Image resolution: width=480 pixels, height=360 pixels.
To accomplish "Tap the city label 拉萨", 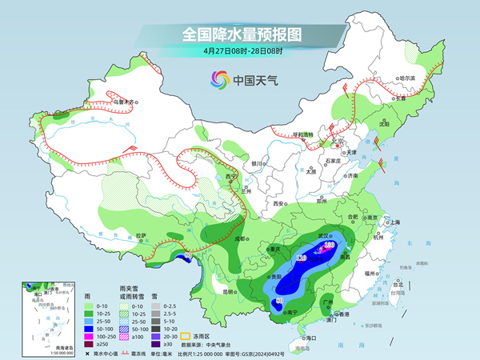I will (141, 235).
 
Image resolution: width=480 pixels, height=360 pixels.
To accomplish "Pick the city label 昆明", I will (229, 291).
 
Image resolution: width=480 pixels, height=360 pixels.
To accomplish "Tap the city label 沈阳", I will (385, 124).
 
